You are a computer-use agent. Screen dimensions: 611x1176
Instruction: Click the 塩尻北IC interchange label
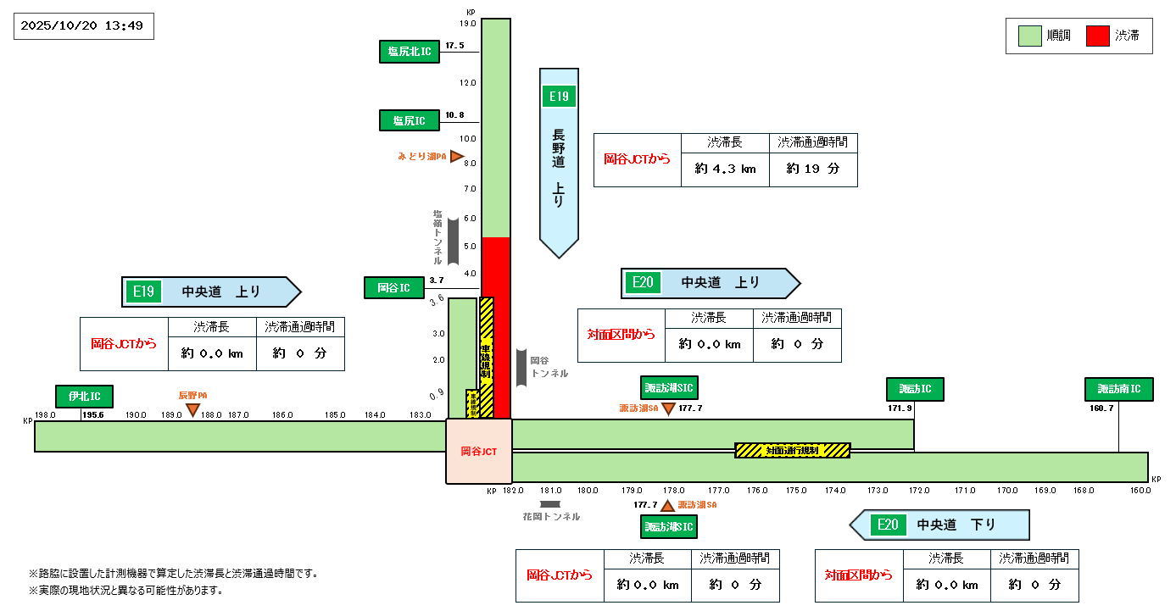[410, 52]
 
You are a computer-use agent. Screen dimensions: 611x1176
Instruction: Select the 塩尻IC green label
[410, 120]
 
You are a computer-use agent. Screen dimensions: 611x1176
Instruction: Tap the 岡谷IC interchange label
[394, 288]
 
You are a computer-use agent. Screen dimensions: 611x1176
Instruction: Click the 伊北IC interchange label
[84, 396]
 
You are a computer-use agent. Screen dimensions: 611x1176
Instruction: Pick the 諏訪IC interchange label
[915, 390]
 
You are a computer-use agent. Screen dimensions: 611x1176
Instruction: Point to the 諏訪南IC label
[1118, 390]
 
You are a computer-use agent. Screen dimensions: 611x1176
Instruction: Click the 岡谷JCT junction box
[479, 452]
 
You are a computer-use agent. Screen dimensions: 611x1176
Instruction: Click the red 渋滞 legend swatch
[1098, 36]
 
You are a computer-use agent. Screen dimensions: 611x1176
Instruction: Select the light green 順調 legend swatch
[1029, 36]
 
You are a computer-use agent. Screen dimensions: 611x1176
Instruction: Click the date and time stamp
[84, 26]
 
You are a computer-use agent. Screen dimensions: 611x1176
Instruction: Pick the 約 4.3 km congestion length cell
[725, 169]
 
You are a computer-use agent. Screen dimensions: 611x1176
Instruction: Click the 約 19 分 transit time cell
[812, 169]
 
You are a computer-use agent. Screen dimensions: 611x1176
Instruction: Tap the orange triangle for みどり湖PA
[456, 157]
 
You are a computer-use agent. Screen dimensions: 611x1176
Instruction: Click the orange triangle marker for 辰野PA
[192, 410]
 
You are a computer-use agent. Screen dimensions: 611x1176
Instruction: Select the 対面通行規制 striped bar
[792, 450]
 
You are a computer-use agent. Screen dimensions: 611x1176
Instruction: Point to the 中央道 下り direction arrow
[939, 525]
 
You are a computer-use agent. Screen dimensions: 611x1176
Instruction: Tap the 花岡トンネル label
[551, 516]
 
